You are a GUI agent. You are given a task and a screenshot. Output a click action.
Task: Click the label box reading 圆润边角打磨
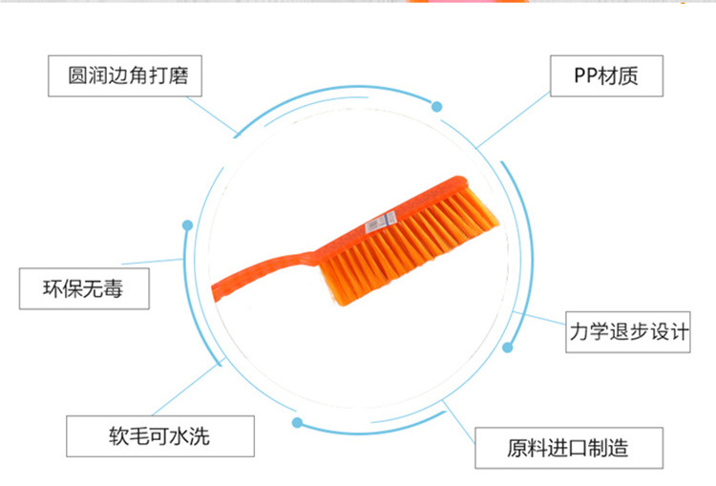[125, 76]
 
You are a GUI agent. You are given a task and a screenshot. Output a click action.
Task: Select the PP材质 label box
[606, 76]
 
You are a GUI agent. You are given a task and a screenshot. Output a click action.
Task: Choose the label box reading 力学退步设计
[628, 332]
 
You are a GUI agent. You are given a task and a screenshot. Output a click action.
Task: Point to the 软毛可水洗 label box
[159, 437]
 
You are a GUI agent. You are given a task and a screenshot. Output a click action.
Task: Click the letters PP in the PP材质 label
[584, 76]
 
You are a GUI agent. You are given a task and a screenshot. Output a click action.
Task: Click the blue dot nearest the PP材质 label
[437, 106]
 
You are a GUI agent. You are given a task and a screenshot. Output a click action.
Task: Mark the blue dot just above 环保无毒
[187, 225]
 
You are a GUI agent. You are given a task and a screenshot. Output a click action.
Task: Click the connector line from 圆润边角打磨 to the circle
[220, 116]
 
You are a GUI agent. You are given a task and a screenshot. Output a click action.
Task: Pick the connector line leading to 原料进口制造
[458, 416]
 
